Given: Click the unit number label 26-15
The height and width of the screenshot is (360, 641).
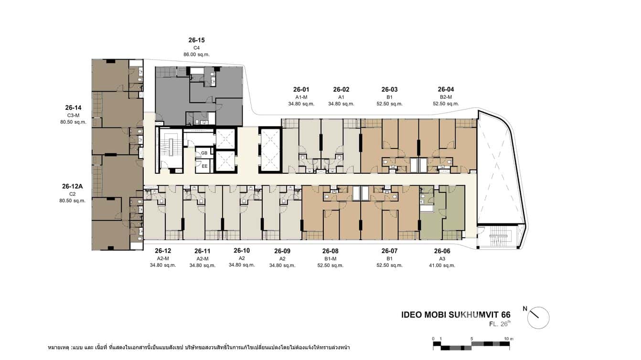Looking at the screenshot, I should (197, 40).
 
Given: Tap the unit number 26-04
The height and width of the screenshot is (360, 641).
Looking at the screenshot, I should (446, 89).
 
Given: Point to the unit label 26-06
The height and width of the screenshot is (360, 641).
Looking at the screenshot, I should (442, 251).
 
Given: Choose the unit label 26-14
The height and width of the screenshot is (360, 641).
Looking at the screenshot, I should (73, 107).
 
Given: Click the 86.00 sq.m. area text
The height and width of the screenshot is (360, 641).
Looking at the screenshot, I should (196, 54).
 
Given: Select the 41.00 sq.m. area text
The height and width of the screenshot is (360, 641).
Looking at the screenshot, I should (442, 265).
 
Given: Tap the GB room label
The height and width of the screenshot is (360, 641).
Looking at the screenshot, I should (204, 153).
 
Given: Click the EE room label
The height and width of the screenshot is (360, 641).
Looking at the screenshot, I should (204, 166).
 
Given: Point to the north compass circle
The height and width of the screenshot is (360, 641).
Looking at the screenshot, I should (538, 318).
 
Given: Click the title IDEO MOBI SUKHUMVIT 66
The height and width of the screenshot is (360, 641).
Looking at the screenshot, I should (456, 315).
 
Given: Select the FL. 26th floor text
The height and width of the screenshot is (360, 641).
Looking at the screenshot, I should (500, 324).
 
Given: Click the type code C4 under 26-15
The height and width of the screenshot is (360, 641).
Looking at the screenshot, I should (196, 48).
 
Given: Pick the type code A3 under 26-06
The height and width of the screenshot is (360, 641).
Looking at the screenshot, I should (442, 258).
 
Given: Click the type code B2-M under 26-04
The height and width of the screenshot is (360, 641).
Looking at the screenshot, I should (446, 97).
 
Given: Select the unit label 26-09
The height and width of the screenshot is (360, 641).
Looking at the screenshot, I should (282, 251).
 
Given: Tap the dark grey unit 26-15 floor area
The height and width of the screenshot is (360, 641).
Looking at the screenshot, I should (172, 95).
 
